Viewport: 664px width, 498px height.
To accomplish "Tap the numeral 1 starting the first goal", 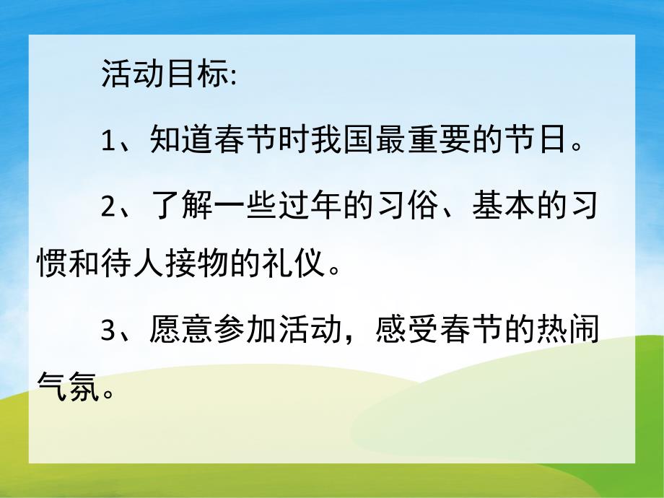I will coord(108,140).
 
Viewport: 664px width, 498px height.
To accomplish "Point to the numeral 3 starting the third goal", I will coord(108,330).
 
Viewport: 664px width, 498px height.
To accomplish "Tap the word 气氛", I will coord(66,391).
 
